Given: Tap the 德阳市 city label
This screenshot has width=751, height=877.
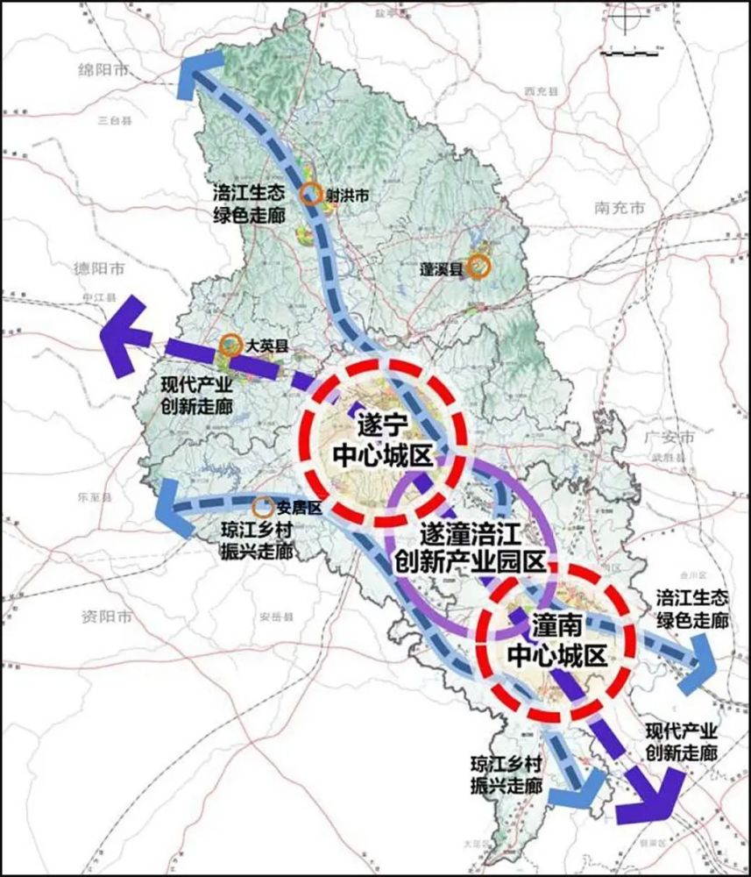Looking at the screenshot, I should (100, 267).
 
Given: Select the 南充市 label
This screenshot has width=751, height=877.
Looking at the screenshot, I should (619, 209).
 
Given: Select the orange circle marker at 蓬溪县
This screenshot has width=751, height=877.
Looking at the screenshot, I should (478, 267).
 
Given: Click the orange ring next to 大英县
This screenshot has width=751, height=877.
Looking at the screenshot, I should (231, 346).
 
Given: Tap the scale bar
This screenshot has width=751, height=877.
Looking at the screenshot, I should (632, 54).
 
